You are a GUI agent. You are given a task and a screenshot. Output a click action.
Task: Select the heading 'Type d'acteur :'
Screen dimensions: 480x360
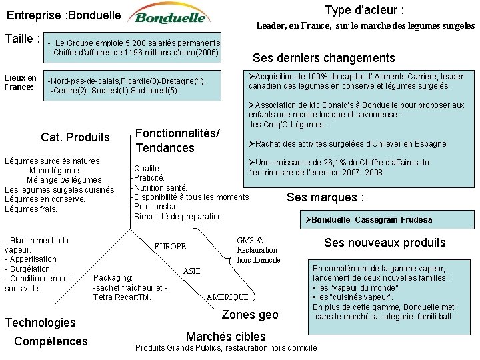364,10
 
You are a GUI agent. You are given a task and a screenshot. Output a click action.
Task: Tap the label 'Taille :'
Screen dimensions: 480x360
23,39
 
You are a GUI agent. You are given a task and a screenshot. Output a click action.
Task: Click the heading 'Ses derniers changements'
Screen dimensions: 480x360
323,58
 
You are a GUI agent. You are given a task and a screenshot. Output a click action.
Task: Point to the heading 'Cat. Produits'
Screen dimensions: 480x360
75,137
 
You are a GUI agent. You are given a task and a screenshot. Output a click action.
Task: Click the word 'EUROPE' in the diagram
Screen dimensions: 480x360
170,247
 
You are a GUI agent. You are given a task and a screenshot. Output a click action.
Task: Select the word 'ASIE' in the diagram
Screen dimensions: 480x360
191,271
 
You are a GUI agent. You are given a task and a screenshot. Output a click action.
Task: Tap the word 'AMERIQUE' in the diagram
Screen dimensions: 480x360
227,297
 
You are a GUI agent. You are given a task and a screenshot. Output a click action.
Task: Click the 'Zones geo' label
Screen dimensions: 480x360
249,315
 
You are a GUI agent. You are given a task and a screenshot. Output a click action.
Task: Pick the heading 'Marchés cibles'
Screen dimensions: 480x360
225,337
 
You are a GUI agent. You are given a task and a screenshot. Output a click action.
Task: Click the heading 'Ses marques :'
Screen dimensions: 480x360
325,197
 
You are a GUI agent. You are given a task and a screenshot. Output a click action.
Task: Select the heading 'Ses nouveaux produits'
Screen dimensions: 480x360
385,243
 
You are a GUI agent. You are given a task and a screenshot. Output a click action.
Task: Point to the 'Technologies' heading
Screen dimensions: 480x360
41,323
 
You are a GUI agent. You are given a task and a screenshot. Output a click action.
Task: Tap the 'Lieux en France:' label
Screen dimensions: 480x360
20,82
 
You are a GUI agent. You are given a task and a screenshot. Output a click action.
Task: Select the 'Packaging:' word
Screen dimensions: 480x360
113,278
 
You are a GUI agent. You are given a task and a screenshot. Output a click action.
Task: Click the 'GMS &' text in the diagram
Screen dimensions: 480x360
249,241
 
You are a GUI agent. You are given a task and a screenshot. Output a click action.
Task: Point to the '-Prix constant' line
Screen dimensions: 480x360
155,207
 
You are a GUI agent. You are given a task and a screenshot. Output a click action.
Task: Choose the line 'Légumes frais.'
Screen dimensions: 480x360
31,209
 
